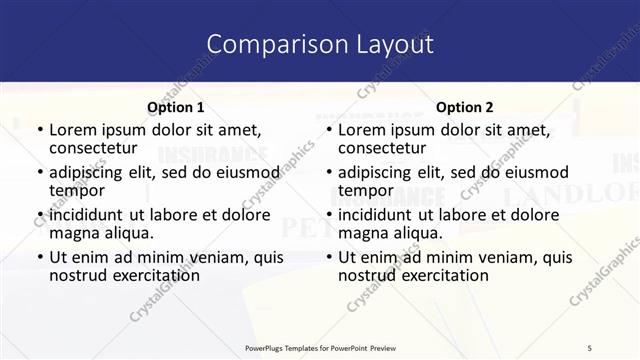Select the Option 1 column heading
(175, 107)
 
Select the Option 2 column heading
(464, 107)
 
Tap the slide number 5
(590, 347)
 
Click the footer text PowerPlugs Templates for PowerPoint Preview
(319, 347)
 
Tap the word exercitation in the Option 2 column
(434, 275)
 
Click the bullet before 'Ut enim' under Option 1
(40, 257)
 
